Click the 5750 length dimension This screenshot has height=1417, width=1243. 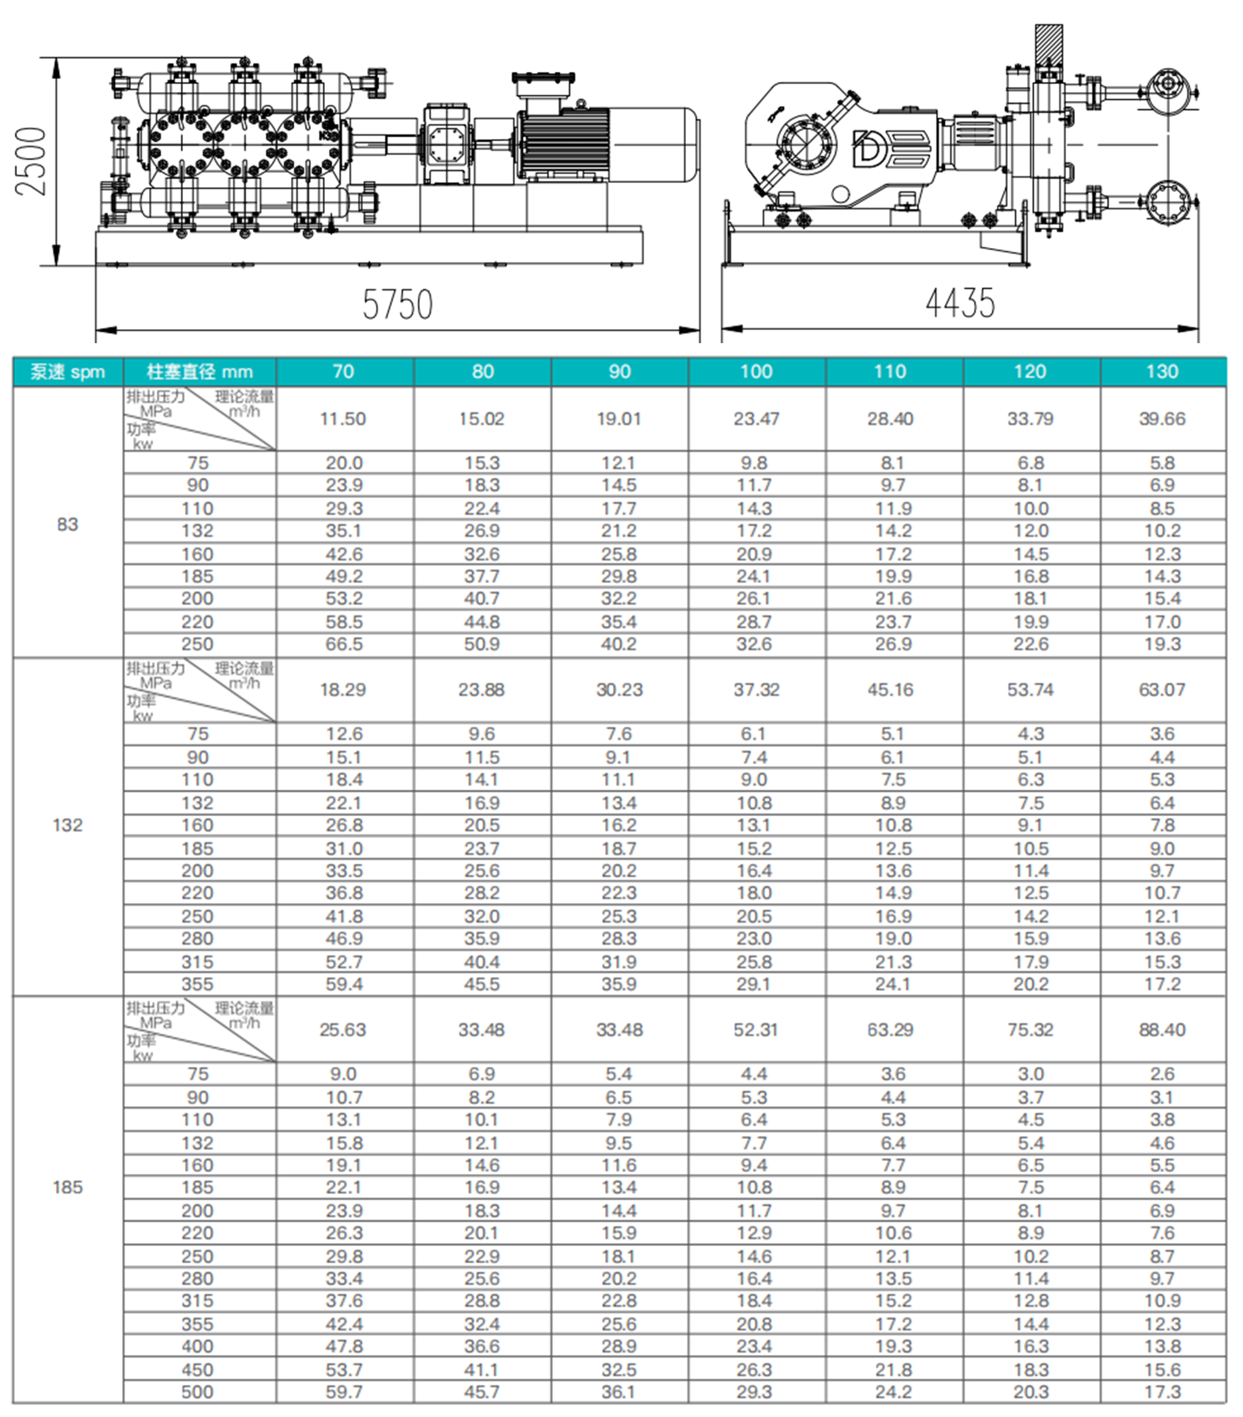397,304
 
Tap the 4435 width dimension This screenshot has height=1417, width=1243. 960,303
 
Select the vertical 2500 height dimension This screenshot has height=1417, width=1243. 31,161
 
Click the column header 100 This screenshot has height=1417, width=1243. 756,372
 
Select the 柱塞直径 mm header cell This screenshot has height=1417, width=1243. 199,372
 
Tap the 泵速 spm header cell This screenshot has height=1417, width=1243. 67,372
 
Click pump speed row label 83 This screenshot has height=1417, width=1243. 67,524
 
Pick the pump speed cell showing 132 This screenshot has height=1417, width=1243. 67,825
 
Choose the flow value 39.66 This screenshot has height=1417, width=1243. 1162,419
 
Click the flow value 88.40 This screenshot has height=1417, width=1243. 1162,1029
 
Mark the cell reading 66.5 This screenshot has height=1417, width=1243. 344,644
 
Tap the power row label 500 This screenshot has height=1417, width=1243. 197,1392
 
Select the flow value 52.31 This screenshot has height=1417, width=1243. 756,1029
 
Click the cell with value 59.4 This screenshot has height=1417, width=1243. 344,984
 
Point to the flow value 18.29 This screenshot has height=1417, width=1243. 343,690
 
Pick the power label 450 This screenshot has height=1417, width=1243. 197,1370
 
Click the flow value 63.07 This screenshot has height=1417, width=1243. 1162,690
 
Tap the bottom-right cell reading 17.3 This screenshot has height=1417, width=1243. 1162,1392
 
